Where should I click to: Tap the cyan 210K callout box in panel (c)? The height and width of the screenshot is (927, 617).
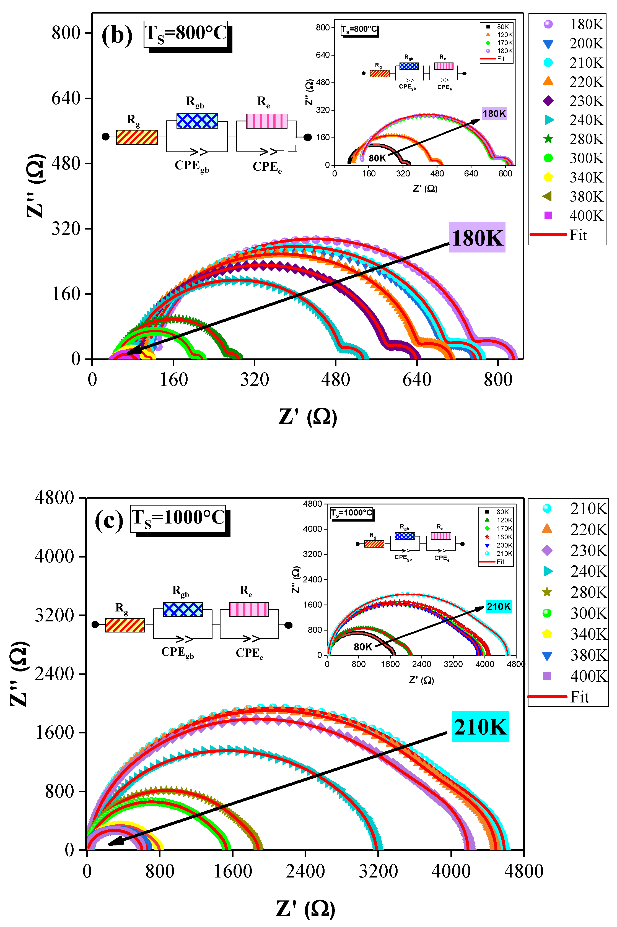[480, 727]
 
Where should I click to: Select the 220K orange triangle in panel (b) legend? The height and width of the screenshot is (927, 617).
[548, 81]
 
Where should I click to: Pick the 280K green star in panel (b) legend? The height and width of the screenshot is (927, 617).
[548, 139]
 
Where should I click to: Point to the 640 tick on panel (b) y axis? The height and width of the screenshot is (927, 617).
[66, 98]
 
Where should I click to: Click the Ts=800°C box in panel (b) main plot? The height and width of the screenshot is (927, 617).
[186, 34]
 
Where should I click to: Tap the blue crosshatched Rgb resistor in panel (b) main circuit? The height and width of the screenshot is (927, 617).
[197, 121]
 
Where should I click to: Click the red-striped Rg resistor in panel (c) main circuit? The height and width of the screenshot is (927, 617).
[125, 625]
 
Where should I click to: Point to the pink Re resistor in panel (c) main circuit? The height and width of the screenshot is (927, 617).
[249, 609]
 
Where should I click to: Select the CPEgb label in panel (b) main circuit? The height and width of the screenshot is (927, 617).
[192, 166]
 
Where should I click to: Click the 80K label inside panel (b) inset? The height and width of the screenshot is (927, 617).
[377, 158]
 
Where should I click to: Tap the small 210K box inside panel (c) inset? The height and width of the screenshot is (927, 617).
[498, 606]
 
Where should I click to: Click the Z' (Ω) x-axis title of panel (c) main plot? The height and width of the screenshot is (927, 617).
[305, 908]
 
